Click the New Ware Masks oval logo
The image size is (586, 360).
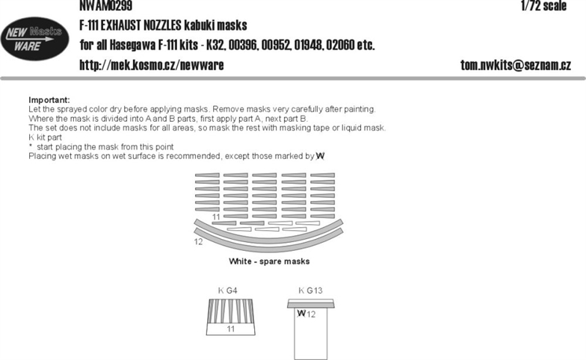(34, 39)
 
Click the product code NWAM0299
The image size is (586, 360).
(106, 6)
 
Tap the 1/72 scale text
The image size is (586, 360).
(544, 6)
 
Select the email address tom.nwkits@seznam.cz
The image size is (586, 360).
(516, 66)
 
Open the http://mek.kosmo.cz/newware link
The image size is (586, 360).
(152, 66)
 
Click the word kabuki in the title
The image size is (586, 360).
(199, 25)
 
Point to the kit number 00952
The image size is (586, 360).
(277, 45)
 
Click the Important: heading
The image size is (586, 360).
(49, 100)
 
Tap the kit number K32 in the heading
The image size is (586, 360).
(215, 45)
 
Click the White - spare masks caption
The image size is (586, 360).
(269, 261)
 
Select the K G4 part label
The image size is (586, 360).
(227, 290)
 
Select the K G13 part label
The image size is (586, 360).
(310, 290)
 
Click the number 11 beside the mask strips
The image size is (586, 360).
(216, 217)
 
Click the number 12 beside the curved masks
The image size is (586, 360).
(198, 242)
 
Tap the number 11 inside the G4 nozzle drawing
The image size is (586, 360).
(230, 329)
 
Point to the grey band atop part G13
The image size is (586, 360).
(311, 303)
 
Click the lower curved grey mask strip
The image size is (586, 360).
(268, 245)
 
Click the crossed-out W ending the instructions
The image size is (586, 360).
(320, 156)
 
